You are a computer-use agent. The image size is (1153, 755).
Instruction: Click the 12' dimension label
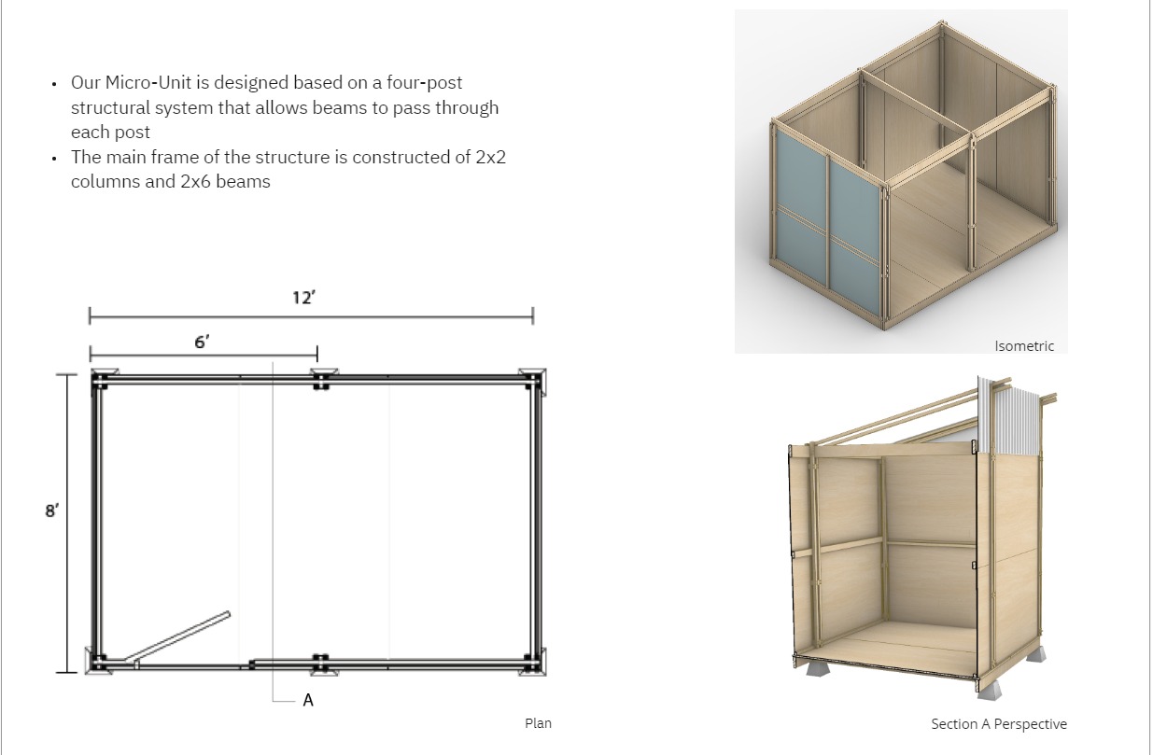tap(303, 298)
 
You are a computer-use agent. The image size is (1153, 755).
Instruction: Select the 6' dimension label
tap(202, 343)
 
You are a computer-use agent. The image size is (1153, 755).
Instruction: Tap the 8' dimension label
tap(52, 510)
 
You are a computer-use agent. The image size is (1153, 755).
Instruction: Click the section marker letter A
tap(308, 700)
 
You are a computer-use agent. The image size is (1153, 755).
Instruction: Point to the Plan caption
tap(538, 723)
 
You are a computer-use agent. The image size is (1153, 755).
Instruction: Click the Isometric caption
tap(1024, 346)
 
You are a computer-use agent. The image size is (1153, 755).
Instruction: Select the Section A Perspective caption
tap(999, 724)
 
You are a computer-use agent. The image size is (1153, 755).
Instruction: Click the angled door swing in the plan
tap(177, 637)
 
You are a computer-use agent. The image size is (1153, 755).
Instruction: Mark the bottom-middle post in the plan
tap(321, 664)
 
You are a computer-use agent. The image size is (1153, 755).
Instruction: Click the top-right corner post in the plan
tap(533, 382)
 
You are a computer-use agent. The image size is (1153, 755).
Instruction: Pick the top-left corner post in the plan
tap(101, 381)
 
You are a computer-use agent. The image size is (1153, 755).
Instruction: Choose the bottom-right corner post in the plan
tap(533, 664)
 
